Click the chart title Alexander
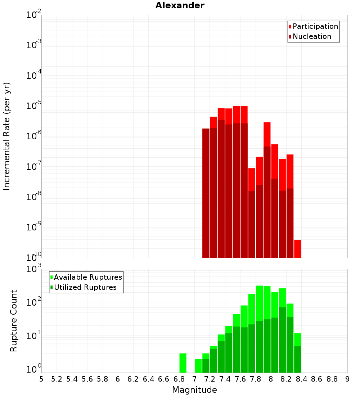[180, 5]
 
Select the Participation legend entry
[315, 26]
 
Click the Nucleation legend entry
[311, 36]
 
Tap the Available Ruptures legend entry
[87, 277]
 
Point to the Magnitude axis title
[194, 390]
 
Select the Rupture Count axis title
[14, 321]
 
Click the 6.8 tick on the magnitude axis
[179, 379]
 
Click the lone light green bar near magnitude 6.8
[183, 363]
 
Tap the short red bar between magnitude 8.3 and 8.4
[298, 249]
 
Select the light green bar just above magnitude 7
[198, 366]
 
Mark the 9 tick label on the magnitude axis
[347, 379]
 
